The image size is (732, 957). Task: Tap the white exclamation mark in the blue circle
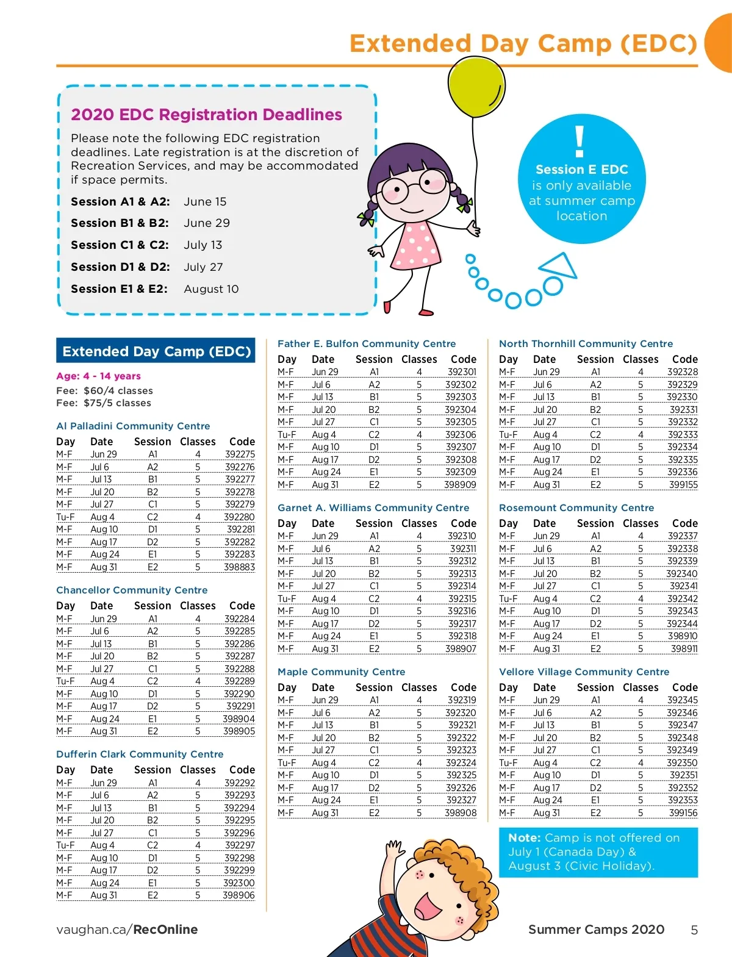click(x=579, y=142)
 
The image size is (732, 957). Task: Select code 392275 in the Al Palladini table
click(x=240, y=454)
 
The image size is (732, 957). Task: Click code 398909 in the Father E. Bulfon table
click(x=460, y=485)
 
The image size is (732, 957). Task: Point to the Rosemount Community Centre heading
click(x=576, y=508)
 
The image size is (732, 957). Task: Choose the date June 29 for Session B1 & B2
click(x=207, y=223)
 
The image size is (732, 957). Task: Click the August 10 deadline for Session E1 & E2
click(x=211, y=289)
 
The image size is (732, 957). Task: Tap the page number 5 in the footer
click(x=694, y=930)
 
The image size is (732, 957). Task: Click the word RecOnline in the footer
click(x=165, y=930)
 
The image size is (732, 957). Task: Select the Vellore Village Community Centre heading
click(x=584, y=672)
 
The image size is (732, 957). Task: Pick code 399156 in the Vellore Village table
click(x=683, y=813)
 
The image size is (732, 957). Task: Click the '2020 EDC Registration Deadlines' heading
click(x=206, y=115)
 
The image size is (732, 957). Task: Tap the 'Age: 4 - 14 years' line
click(x=98, y=376)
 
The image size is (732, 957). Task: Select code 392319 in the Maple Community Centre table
click(x=462, y=700)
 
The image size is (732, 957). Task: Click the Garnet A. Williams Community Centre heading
click(x=373, y=508)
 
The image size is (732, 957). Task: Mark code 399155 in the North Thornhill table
click(x=683, y=485)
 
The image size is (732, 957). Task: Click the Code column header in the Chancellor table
click(x=242, y=606)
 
